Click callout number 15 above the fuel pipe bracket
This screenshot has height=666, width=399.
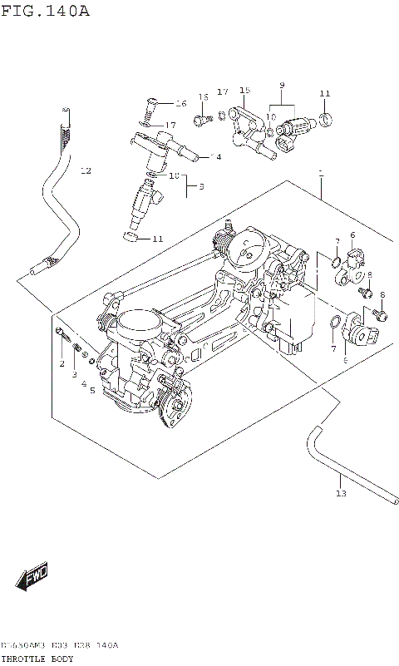click(244, 91)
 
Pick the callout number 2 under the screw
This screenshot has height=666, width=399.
click(62, 364)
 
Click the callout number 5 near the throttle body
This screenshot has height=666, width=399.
click(93, 389)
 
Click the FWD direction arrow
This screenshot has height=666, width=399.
click(32, 576)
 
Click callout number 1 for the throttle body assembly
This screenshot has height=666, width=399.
click(320, 174)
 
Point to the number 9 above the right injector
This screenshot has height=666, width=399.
click(282, 86)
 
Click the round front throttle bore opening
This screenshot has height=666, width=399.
click(132, 320)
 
